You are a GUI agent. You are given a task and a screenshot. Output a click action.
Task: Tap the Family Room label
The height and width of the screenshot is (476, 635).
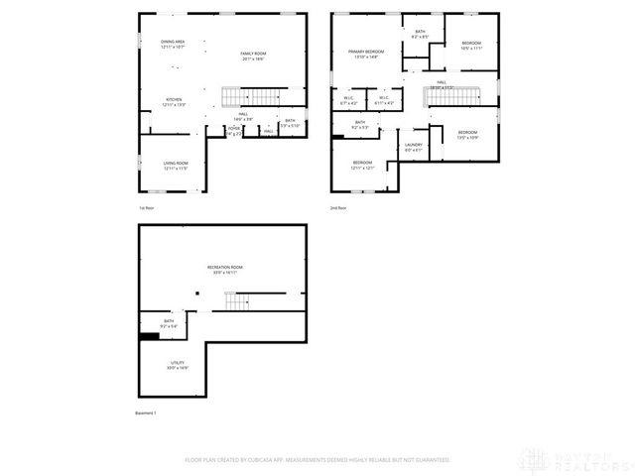pos(253,56)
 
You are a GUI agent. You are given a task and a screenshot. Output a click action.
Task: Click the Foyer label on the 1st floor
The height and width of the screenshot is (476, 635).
pos(234,130)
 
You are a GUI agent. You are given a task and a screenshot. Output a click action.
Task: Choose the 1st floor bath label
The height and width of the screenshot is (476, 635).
pos(289,123)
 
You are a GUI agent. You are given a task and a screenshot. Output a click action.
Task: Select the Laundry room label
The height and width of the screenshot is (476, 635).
pos(414,148)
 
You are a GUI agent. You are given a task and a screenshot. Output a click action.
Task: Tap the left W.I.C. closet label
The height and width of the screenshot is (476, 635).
pos(350,100)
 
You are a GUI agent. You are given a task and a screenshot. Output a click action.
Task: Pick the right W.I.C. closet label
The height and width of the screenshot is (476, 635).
pos(384,100)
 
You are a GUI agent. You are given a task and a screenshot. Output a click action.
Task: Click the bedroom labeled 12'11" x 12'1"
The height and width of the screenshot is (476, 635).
pos(361,165)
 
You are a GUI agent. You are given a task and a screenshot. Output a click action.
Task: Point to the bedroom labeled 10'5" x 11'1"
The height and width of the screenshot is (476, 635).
pos(470,46)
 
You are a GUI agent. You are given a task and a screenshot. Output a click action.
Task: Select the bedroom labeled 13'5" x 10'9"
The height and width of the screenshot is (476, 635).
pos(467,135)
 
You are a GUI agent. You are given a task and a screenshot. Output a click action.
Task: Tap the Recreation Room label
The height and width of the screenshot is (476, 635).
pos(224,269)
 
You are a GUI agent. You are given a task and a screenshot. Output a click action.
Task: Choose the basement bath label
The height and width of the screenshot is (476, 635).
pos(169,323)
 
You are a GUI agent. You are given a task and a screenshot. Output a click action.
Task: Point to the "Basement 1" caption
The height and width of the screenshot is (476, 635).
pos(147,413)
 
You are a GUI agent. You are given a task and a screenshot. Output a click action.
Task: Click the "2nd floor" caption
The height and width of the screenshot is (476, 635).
pos(340,207)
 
